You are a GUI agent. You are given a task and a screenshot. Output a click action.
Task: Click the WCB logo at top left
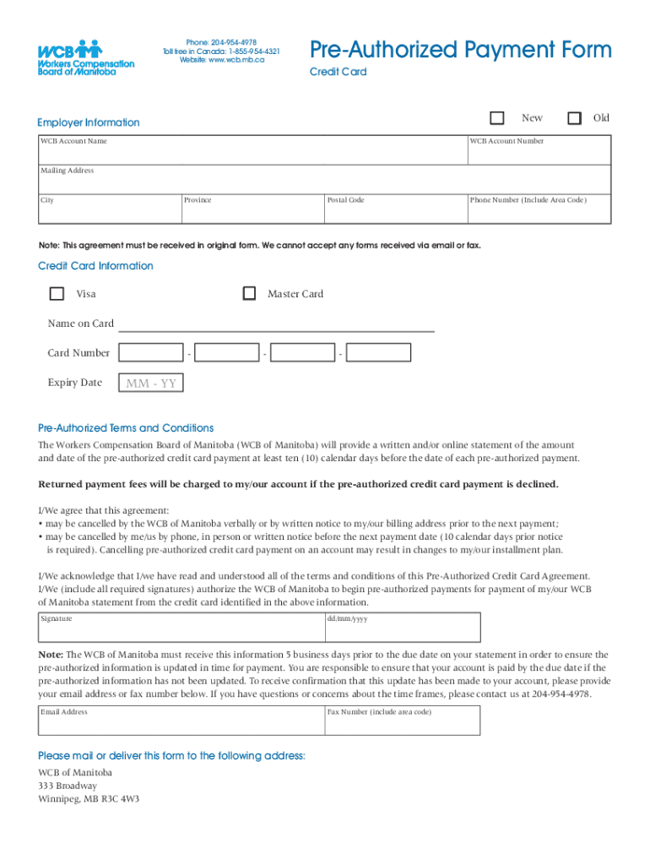pos(85,57)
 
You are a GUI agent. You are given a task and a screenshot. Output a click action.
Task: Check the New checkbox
pos(497,118)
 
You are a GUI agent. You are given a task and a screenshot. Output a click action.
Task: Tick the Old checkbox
pos(574,118)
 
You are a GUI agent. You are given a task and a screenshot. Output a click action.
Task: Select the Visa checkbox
pos(57,294)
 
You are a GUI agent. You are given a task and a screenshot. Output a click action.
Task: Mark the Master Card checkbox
pos(249,294)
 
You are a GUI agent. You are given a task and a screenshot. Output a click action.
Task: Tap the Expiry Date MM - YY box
pos(151,384)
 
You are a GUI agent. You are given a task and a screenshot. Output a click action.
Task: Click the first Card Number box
pos(151,353)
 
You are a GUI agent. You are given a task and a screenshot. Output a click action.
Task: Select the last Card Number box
pos(379,353)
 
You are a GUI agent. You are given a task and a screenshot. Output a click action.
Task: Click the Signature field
pos(181,628)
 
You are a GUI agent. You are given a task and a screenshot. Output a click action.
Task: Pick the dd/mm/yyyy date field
pos(402,628)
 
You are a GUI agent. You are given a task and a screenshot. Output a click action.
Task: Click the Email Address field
pos(181,721)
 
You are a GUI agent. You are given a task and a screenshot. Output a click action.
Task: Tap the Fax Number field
pos(402,721)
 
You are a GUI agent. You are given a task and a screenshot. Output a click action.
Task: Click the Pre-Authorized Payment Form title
pos(460,50)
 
